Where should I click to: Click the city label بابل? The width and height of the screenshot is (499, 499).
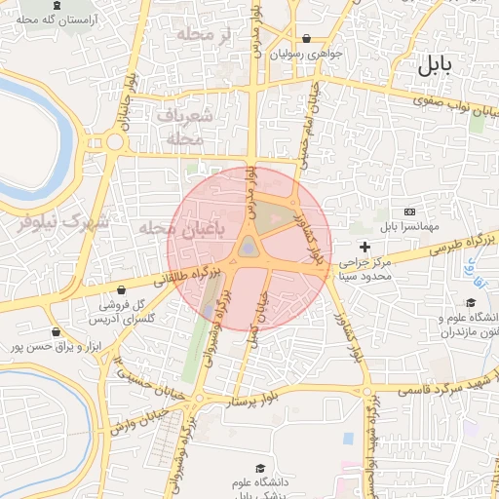coord(435,66)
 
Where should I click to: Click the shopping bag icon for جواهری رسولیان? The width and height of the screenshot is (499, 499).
coord(307,39)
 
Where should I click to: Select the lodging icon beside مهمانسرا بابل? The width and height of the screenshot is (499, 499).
coord(408,211)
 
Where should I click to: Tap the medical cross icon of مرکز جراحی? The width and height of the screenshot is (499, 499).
coord(365,247)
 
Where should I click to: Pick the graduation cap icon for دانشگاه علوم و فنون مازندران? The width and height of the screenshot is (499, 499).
coord(471,302)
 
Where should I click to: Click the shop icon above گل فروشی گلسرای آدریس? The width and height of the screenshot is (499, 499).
coord(121,289)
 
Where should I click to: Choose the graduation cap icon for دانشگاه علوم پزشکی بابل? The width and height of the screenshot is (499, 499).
coord(259,468)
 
